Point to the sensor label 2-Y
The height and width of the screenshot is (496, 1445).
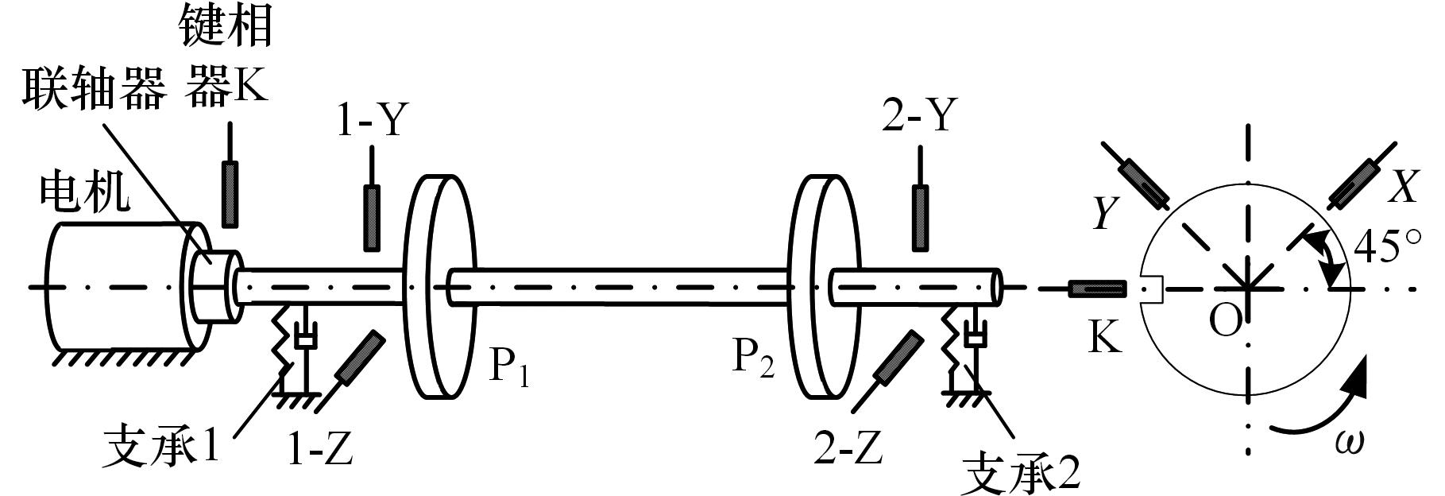coord(918,116)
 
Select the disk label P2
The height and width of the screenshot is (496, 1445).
coord(752,359)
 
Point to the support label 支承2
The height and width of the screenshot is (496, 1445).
coord(1020,474)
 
